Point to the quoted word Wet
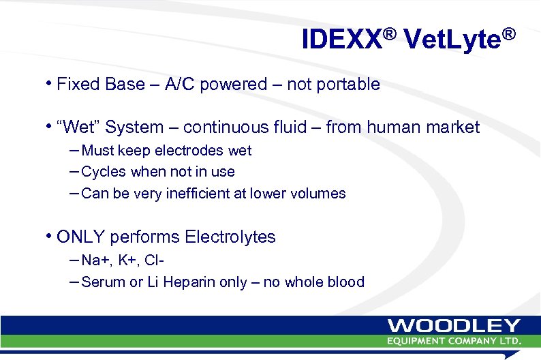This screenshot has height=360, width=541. [80, 127]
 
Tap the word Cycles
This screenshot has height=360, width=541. [104, 172]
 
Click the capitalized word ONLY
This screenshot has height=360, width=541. [81, 237]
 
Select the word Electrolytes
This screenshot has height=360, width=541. [234, 237]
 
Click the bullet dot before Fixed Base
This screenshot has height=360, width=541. [50, 83]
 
